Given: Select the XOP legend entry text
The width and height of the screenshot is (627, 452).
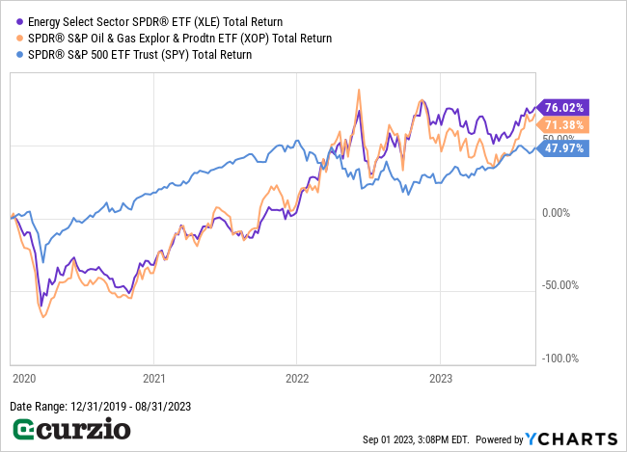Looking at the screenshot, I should [179, 38].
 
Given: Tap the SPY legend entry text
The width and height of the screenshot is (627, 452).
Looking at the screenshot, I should [140, 54].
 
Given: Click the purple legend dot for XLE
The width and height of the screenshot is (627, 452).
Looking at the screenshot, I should [20, 21].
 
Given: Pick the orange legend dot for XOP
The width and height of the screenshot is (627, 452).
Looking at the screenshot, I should [20, 38].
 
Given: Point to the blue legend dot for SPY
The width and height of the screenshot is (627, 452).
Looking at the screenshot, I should [20, 54].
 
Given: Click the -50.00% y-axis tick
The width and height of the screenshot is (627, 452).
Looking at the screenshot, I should [559, 285].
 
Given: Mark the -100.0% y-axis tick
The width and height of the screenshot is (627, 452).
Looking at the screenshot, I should [559, 359].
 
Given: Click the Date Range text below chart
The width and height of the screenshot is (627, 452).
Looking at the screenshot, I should [100, 407].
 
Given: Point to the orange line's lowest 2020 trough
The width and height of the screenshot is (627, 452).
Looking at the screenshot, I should [43, 316].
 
